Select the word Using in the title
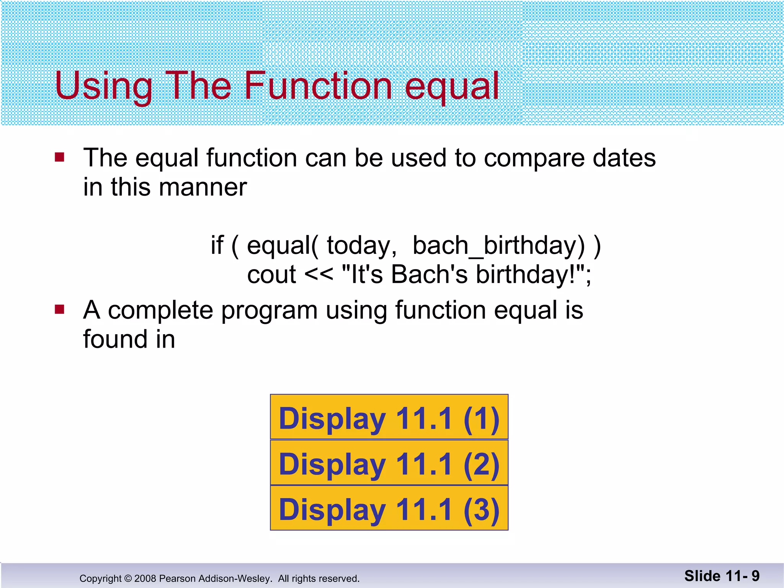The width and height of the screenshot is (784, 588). pyautogui.click(x=103, y=86)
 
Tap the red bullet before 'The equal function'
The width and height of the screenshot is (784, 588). pyautogui.click(x=59, y=157)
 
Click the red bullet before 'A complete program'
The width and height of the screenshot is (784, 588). pyautogui.click(x=59, y=309)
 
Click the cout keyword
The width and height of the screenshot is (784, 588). pyautogui.click(x=271, y=275)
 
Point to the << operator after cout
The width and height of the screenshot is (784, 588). pyautogui.click(x=319, y=275)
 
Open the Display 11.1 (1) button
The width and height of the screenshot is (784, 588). pyautogui.click(x=389, y=417)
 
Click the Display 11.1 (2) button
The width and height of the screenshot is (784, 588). pyautogui.click(x=389, y=463)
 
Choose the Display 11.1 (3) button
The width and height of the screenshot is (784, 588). pyautogui.click(x=389, y=509)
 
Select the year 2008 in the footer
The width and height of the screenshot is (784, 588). pyautogui.click(x=145, y=578)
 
